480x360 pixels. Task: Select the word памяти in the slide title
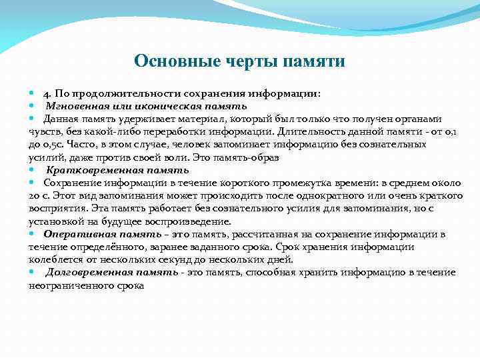[x=314, y=61]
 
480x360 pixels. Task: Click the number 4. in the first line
[x=49, y=94]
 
